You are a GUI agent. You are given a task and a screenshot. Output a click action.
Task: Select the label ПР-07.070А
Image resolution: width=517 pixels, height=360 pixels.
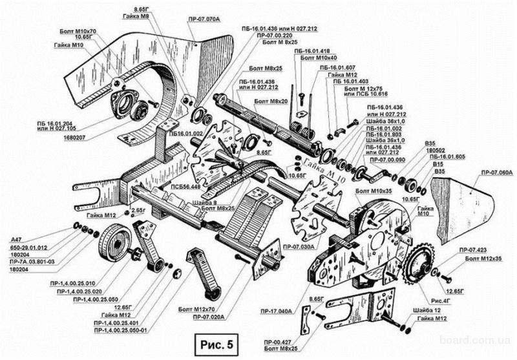[x=206, y=20]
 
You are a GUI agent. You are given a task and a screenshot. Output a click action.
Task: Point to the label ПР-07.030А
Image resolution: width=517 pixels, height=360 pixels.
[x=298, y=248]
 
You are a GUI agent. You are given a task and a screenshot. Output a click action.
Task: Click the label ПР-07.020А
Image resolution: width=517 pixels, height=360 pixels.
[x=209, y=317]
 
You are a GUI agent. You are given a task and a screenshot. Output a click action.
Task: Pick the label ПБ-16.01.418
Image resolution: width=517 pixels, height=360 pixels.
[x=312, y=49]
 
